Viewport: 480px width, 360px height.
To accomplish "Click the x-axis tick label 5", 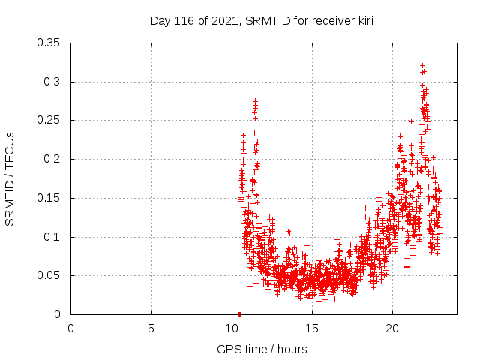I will (x=151, y=328).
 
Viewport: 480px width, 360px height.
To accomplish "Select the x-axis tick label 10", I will (x=231, y=328).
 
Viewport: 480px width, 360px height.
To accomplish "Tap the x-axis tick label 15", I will (x=311, y=328).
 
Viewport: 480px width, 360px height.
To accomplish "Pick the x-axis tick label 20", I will (x=391, y=328).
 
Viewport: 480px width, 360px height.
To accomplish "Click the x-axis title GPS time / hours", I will (x=262, y=349).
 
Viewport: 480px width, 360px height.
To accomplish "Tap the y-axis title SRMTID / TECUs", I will (x=10, y=179).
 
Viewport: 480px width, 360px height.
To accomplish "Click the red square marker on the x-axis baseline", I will (x=239, y=314).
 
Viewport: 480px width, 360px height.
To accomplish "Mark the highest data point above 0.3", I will (x=422, y=65).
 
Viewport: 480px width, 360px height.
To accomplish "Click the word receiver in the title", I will (x=325, y=21).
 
